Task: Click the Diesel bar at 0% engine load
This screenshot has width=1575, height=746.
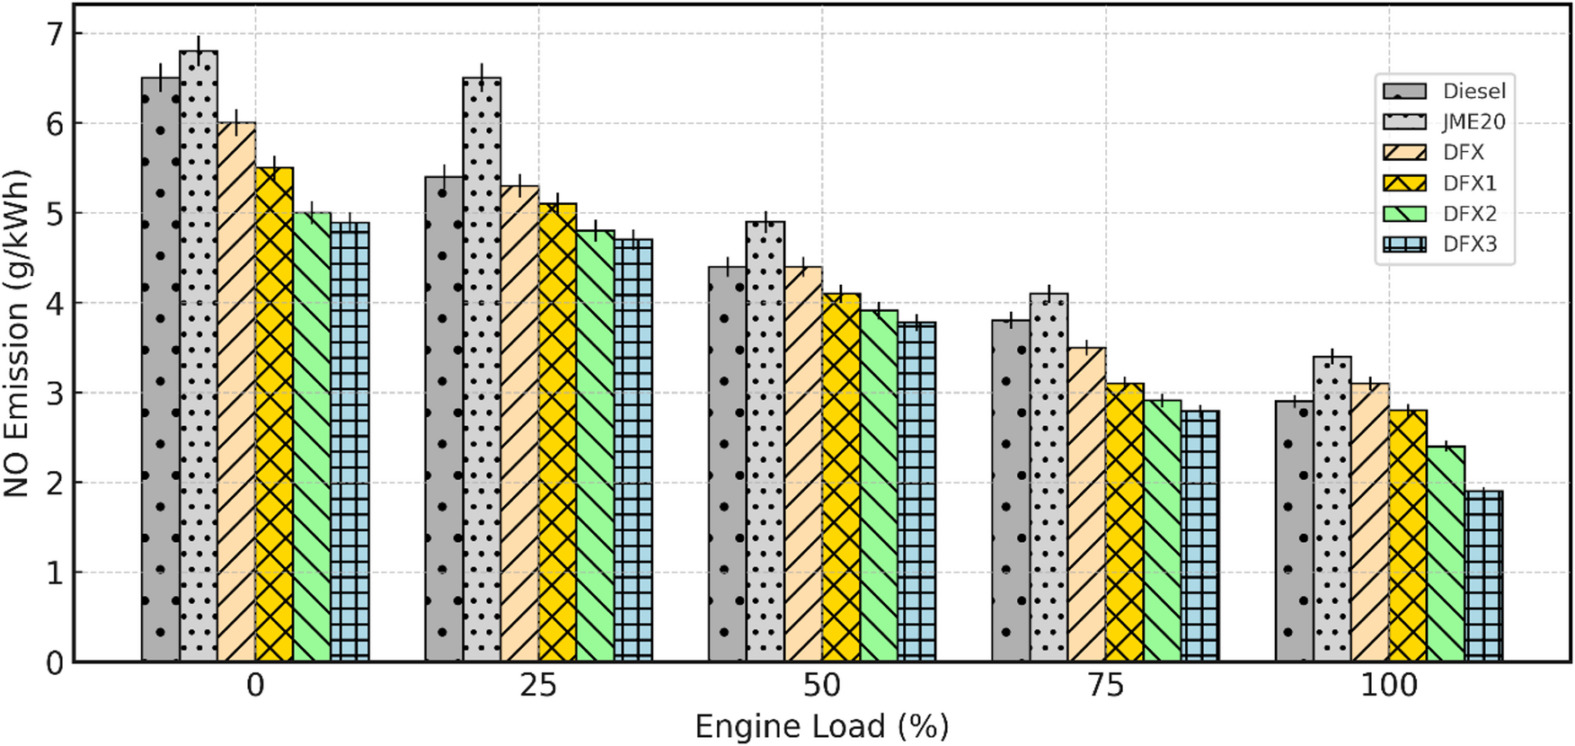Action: pyautogui.click(x=160, y=369)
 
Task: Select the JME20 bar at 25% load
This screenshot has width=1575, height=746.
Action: pyautogui.click(x=482, y=369)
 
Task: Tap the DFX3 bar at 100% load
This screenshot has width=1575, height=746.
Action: pyautogui.click(x=1483, y=576)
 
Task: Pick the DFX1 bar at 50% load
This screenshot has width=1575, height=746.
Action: pyautogui.click(x=841, y=477)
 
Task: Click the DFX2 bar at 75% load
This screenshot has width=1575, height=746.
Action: pyautogui.click(x=1162, y=530)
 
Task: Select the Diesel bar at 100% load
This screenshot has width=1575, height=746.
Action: pyautogui.click(x=1294, y=531)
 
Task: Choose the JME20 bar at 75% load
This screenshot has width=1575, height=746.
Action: pyautogui.click(x=1049, y=477)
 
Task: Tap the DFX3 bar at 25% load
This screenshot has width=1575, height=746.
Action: pyautogui.click(x=633, y=450)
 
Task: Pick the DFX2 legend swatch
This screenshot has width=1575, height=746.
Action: pyautogui.click(x=1404, y=214)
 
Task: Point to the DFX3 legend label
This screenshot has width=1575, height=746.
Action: pyautogui.click(x=1470, y=244)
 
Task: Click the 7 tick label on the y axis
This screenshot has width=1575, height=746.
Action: pyautogui.click(x=55, y=34)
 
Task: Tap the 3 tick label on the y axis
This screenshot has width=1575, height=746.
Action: pyautogui.click(x=55, y=393)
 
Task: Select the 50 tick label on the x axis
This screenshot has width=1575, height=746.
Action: pyautogui.click(x=821, y=686)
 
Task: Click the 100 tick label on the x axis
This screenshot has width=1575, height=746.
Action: pyautogui.click(x=1389, y=686)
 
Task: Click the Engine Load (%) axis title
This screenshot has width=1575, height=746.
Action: pyautogui.click(x=821, y=726)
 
